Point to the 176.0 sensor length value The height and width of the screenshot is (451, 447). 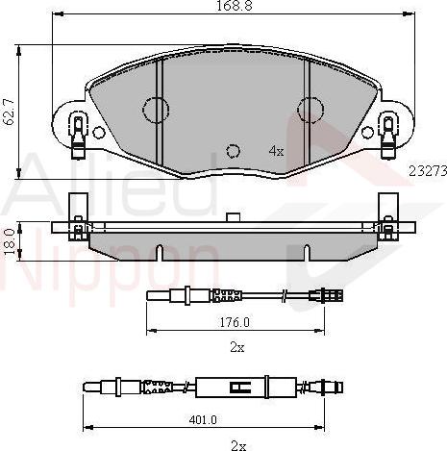235,323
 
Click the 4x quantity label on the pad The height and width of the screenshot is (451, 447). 276,151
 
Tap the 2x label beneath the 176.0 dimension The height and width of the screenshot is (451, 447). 237,346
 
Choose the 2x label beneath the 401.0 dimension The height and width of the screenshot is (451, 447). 238,444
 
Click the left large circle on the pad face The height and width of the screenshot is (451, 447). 155,110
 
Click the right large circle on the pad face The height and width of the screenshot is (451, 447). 310,110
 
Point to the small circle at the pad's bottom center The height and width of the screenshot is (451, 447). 232,150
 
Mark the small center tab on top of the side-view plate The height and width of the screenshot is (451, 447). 232,217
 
